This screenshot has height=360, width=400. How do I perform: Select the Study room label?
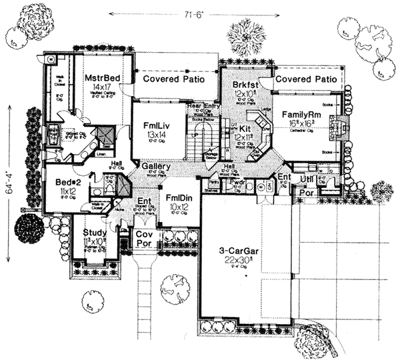click(92, 233)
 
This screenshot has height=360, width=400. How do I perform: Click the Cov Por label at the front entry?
click(144, 240)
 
